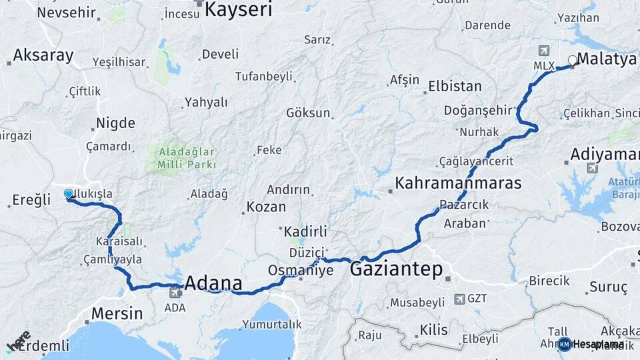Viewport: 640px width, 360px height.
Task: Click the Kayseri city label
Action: [x=239, y=9]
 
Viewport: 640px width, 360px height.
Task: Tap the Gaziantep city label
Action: [x=396, y=269]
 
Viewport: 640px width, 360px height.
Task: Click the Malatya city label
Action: [x=607, y=59]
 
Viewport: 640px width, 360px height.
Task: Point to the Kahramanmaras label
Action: [x=458, y=183]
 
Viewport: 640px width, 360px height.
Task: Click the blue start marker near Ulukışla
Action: [x=69, y=194]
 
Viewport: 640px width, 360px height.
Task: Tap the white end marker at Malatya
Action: [x=572, y=61]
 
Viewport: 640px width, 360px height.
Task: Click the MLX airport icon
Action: [x=544, y=51]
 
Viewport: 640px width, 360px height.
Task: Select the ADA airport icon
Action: [x=176, y=291]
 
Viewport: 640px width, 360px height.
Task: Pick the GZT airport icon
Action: [x=459, y=299]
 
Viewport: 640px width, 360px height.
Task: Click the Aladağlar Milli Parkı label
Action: [x=187, y=158]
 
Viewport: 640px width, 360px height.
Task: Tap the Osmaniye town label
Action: [x=300, y=271]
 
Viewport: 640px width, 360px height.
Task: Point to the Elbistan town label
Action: [x=455, y=86]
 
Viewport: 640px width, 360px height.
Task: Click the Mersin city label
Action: [x=117, y=313]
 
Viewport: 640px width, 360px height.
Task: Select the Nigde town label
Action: [x=115, y=123]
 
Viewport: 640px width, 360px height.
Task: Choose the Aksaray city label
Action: [x=43, y=55]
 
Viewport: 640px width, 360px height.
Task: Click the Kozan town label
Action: [x=266, y=207]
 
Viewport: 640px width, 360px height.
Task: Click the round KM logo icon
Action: [x=564, y=344]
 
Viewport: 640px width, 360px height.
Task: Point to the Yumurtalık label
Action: [x=273, y=324]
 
